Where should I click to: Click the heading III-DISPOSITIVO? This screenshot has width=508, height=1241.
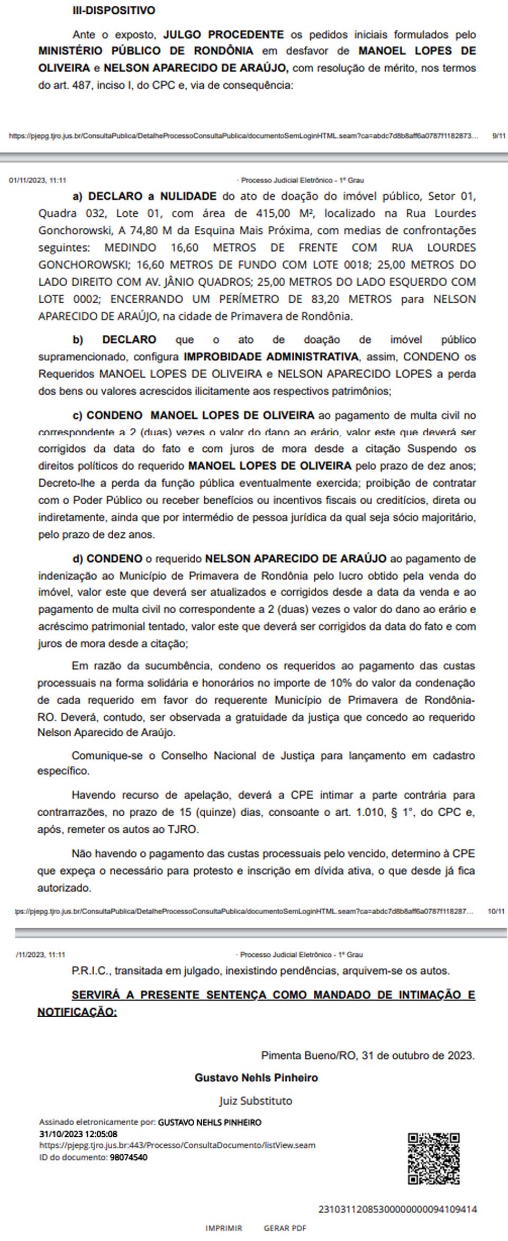[114, 11]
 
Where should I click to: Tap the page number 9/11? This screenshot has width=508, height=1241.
[498, 136]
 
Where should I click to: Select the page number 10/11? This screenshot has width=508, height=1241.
[496, 911]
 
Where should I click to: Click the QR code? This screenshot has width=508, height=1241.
[433, 1158]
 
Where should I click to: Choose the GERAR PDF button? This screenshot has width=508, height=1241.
[285, 1228]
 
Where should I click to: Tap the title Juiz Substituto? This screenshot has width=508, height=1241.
[256, 1101]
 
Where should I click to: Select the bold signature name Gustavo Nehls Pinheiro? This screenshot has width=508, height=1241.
[256, 1078]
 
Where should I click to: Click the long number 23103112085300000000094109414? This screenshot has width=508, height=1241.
[397, 1209]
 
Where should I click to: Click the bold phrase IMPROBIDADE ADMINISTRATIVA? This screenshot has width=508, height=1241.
[270, 357]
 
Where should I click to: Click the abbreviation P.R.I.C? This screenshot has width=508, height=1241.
[90, 971]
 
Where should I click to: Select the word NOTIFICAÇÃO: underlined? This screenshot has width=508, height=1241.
[77, 1012]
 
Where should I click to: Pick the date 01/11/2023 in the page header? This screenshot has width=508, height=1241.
[28, 180]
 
